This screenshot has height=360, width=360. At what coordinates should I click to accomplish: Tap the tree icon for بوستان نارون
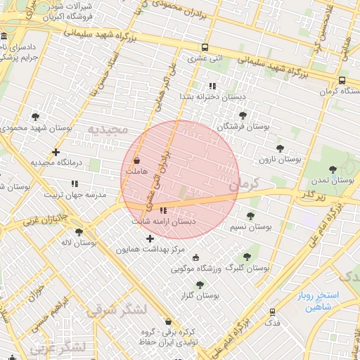tap(281, 148)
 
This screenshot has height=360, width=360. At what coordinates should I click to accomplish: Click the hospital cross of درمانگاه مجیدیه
tap(56, 152)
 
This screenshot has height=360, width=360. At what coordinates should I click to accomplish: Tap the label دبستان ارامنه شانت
tap(164, 221)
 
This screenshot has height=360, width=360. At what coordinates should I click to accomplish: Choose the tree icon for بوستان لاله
tap(79, 231)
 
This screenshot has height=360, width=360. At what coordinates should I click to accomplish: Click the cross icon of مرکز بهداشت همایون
tap(150, 238)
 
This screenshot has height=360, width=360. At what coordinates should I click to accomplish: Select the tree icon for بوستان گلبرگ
tap(247, 257)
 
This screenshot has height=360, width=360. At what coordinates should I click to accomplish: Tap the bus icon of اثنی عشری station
tap(205, 47)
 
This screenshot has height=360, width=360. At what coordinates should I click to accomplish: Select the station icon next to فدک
tap(271, 311)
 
